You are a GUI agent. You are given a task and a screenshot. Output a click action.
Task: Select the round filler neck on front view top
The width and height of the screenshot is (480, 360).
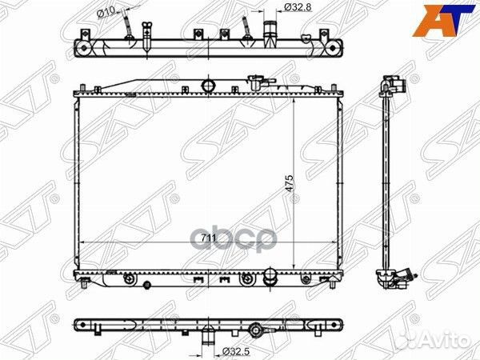(x=210, y=85)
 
